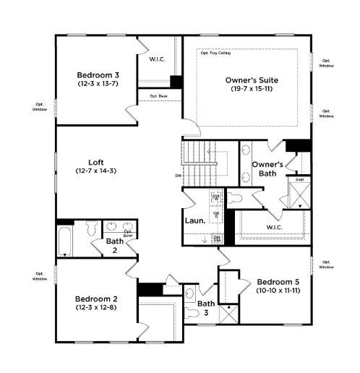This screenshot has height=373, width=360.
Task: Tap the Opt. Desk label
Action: coord(158,96)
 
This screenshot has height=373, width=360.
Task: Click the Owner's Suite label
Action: coord(252,80)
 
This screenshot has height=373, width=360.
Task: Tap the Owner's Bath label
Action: coord(267,168)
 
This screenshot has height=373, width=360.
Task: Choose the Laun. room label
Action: coord(194,220)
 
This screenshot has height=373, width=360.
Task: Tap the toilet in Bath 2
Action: coord(90,229)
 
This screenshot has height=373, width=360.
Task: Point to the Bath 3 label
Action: coord(207,308)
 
